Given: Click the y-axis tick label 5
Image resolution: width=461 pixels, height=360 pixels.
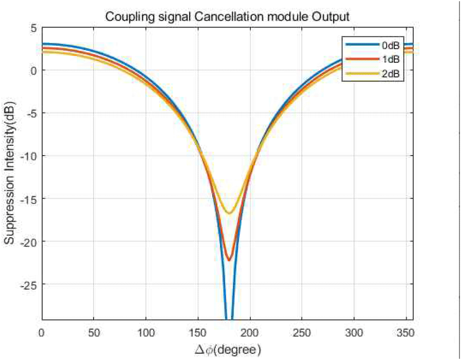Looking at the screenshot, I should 32,28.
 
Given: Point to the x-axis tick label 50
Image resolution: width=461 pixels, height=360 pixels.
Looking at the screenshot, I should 94,333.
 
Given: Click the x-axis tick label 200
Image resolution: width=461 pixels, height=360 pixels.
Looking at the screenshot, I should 250,333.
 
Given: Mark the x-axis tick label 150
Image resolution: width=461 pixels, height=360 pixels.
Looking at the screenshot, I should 198,333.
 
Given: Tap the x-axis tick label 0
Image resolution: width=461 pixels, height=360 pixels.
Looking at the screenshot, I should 42,333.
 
